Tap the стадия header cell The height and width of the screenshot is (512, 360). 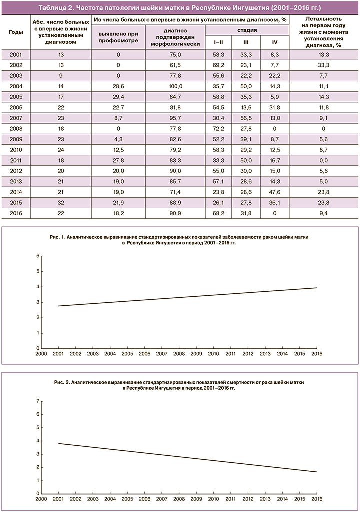247,30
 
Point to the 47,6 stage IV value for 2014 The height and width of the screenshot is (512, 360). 274,191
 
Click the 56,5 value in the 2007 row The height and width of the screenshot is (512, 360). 246,118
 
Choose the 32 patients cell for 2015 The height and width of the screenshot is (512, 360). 60,202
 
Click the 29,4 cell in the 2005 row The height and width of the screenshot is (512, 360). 116,97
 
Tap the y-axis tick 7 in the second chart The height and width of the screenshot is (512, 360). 38,401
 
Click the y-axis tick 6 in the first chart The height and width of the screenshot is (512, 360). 38,256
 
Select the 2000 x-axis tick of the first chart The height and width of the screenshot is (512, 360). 41,354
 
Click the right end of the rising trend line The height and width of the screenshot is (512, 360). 316,288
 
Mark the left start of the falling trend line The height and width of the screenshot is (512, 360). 59,443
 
